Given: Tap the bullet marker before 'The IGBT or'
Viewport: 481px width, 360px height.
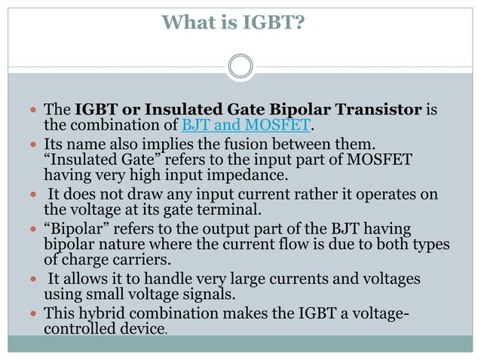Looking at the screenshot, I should click(34, 110).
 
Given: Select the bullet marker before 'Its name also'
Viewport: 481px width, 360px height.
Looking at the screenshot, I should click(34, 143).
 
